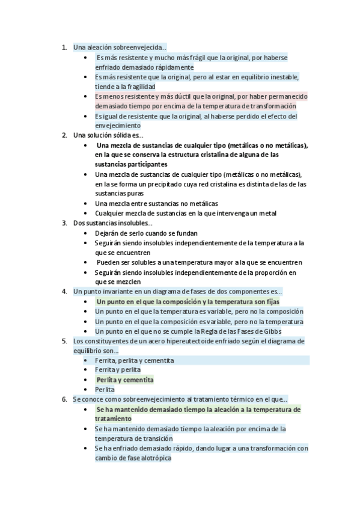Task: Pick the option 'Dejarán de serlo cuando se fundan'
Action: coord(146,233)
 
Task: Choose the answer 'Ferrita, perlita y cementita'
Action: coord(135,360)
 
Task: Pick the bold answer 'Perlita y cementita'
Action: coord(125,380)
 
